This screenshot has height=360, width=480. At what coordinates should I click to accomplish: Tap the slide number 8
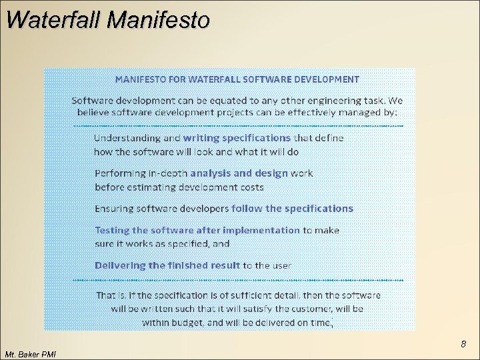coord(463,345)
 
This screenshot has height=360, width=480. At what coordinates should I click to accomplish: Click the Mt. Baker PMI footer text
coord(29,354)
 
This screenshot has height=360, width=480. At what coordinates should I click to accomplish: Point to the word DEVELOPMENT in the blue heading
coord(325,79)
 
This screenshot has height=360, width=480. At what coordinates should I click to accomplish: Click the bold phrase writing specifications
coord(237,138)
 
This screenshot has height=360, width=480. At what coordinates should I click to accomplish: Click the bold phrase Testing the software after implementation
coord(197,230)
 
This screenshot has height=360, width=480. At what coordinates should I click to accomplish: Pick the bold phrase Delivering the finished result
coord(167,265)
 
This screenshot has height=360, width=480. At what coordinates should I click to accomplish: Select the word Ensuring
coord(114,209)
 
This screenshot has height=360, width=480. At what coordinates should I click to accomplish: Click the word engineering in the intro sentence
coord(319,100)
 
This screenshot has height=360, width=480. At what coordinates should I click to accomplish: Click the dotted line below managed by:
coord(237,125)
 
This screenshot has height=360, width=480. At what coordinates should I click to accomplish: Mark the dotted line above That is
coord(237,279)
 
